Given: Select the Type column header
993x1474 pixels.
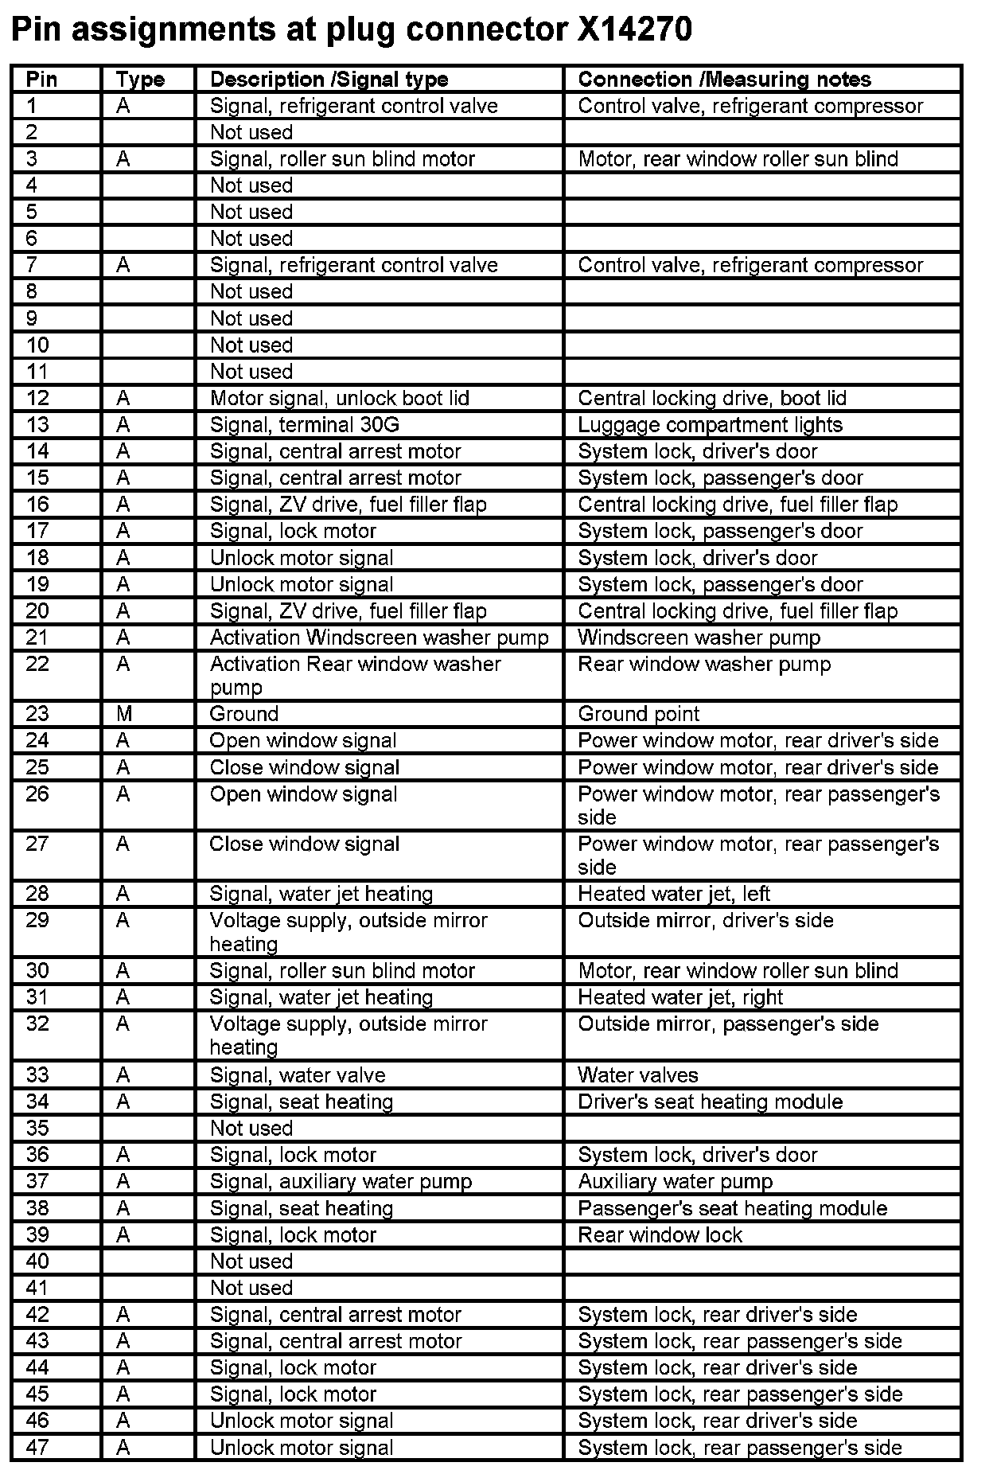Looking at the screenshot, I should [x=140, y=80].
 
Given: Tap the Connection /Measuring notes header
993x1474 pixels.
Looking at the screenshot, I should [x=724, y=80].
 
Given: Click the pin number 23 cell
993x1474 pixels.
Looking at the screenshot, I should [x=37, y=714].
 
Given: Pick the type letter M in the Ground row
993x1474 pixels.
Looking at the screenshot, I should [x=123, y=714].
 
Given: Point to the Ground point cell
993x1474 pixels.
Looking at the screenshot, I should [x=638, y=714].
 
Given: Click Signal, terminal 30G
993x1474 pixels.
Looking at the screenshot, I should [x=304, y=425].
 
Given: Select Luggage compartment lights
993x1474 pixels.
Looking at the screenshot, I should [x=710, y=425].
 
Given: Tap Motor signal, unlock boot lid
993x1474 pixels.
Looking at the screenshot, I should [x=339, y=398].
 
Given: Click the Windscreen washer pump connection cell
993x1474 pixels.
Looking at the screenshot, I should [x=699, y=638].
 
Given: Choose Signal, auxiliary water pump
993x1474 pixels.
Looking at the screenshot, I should [x=341, y=1181].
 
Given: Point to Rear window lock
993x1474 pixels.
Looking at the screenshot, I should [x=660, y=1234].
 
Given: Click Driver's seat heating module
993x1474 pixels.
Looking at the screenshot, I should [x=710, y=1102].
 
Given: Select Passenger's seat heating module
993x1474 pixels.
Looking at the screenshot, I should [x=732, y=1208].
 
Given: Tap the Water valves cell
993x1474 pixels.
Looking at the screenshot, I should [x=637, y=1075].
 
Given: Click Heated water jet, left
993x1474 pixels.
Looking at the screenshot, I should [x=674, y=894].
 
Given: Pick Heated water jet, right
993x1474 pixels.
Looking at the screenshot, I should [x=680, y=997].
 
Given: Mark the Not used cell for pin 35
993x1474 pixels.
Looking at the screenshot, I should [x=251, y=1129].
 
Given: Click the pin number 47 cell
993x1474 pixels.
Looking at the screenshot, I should [x=37, y=1447].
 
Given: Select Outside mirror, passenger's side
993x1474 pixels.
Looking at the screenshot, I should [x=728, y=1024].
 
